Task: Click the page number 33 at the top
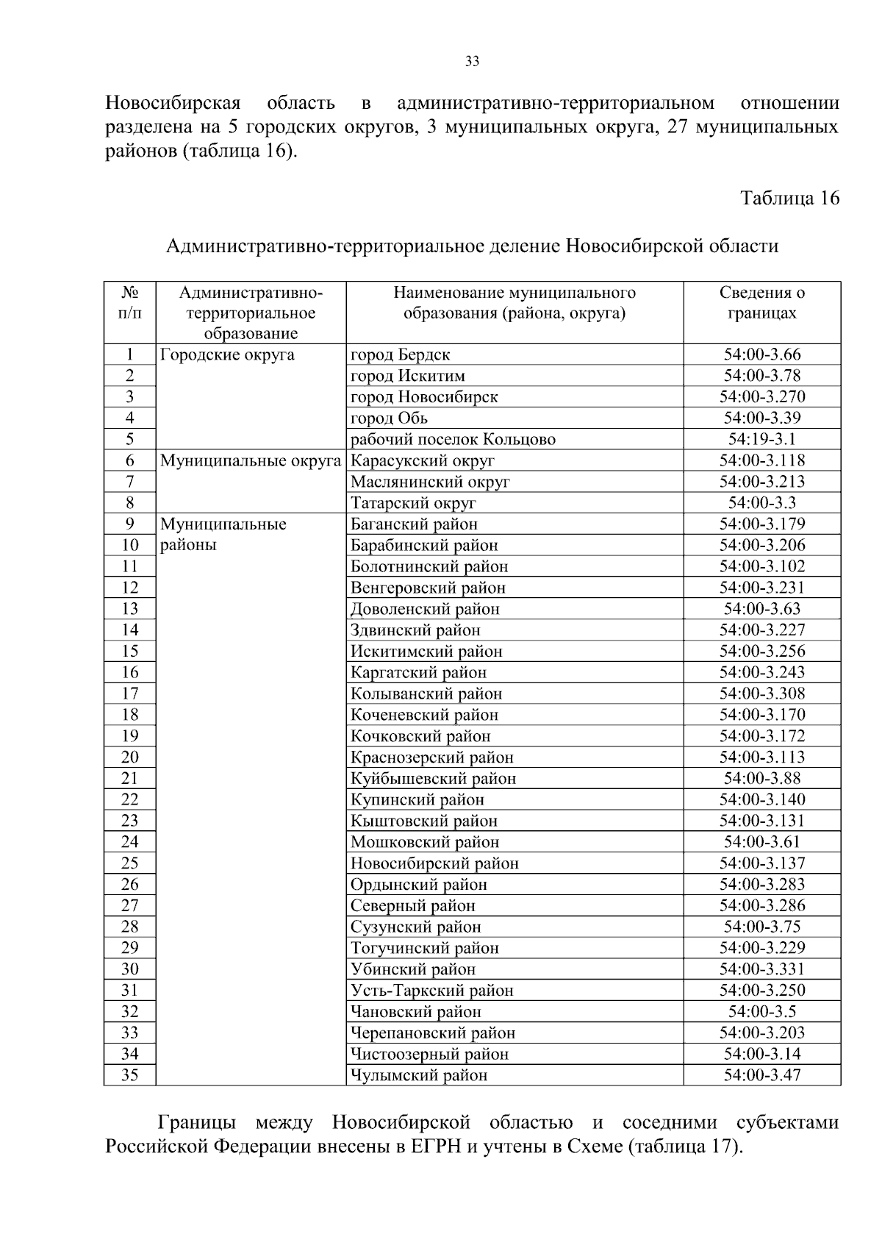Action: pyautogui.click(x=472, y=62)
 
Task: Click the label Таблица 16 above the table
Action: pyautogui.click(x=789, y=199)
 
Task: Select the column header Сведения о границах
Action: pyautogui.click(x=761, y=303)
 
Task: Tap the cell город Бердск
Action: pyautogui.click(x=401, y=354)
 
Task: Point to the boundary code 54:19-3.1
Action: pyautogui.click(x=761, y=440)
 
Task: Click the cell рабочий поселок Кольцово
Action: pyautogui.click(x=453, y=440)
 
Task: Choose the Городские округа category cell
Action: pyautogui.click(x=227, y=354)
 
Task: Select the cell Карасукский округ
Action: pyautogui.click(x=423, y=460)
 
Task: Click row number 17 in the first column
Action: pyautogui.click(x=129, y=693)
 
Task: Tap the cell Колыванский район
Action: pyautogui.click(x=426, y=693)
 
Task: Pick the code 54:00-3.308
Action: pyautogui.click(x=761, y=693)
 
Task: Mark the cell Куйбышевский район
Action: pyautogui.click(x=433, y=778)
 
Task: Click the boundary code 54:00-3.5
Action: pyautogui.click(x=761, y=1011)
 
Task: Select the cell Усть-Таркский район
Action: pyautogui.click(x=431, y=991)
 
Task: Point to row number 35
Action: pyautogui.click(x=129, y=1075)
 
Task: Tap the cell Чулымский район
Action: pyautogui.click(x=419, y=1075)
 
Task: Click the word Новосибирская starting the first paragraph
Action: pyautogui.click(x=173, y=103)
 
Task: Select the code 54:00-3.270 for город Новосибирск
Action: pyautogui.click(x=761, y=397)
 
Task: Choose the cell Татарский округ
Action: pyautogui.click(x=413, y=503)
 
